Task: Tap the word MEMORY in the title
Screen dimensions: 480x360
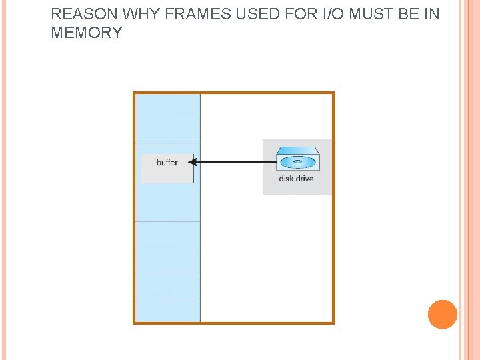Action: (87, 33)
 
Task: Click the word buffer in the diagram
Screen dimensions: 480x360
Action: (167, 163)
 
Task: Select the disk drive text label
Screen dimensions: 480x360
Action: (296, 179)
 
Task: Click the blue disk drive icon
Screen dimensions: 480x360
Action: (297, 161)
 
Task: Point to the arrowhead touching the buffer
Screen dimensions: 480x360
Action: (191, 161)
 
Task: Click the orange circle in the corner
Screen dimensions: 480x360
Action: (443, 314)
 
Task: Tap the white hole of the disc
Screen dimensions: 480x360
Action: (297, 162)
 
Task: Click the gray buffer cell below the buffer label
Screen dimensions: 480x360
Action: (167, 176)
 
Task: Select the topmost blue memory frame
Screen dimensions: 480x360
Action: (167, 105)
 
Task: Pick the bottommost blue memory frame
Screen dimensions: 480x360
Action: (167, 310)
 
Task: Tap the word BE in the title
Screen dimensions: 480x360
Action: (403, 14)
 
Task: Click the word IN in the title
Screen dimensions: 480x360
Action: (431, 14)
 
